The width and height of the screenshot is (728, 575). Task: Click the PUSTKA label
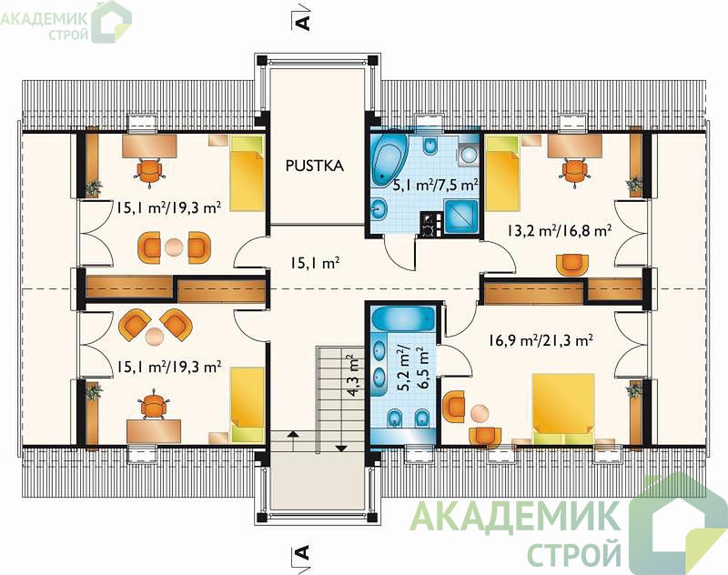tap(314, 166)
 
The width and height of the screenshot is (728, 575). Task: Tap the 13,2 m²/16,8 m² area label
tap(559, 230)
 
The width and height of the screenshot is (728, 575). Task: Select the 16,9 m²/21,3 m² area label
tap(540, 340)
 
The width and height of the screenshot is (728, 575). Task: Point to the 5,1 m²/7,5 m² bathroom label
tap(436, 186)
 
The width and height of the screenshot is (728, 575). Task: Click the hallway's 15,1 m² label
tap(315, 264)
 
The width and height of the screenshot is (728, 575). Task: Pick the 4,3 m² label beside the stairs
tap(353, 376)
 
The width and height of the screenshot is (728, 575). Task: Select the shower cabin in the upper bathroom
tap(461, 217)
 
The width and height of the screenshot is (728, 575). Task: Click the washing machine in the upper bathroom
tap(468, 151)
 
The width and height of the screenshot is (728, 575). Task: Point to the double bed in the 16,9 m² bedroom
tap(563, 409)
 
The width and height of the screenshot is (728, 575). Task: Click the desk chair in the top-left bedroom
tap(149, 171)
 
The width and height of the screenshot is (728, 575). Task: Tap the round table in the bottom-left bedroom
tap(153, 336)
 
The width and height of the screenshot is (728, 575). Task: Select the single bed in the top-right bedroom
tap(501, 173)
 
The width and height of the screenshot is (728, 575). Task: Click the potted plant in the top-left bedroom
tap(95, 188)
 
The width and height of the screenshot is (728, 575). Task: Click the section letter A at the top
tap(302, 22)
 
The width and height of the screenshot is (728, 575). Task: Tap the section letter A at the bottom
tap(302, 552)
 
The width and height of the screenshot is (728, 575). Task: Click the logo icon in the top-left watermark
tap(111, 21)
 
